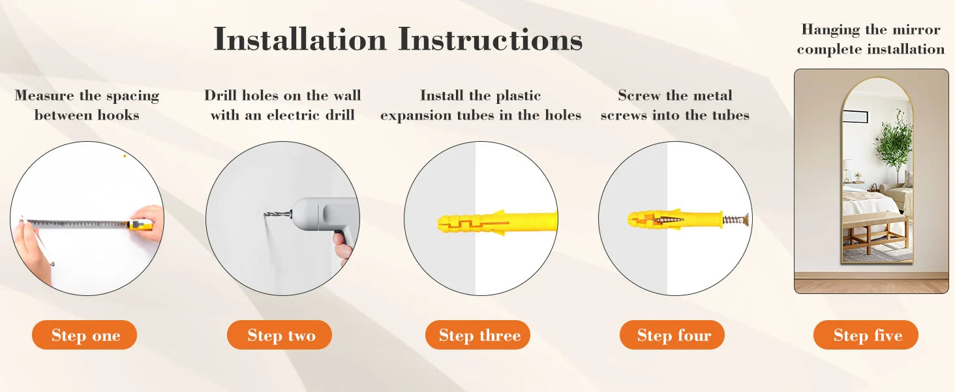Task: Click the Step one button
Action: click(x=85, y=335)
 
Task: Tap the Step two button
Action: click(x=279, y=335)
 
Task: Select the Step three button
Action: click(x=477, y=335)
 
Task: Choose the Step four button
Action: click(x=672, y=335)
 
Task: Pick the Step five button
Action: click(x=866, y=335)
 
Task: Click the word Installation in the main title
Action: click(x=300, y=40)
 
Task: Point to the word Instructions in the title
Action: click(x=491, y=40)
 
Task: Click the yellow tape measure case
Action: click(x=140, y=225)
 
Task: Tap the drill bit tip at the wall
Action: click(x=266, y=214)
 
